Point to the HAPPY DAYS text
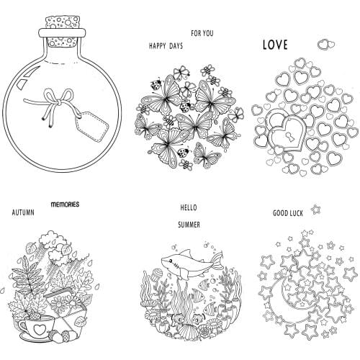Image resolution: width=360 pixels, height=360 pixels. click(x=166, y=45)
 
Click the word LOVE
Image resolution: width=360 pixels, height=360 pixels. click(x=274, y=45)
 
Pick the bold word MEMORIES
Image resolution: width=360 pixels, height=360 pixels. click(x=65, y=204)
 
